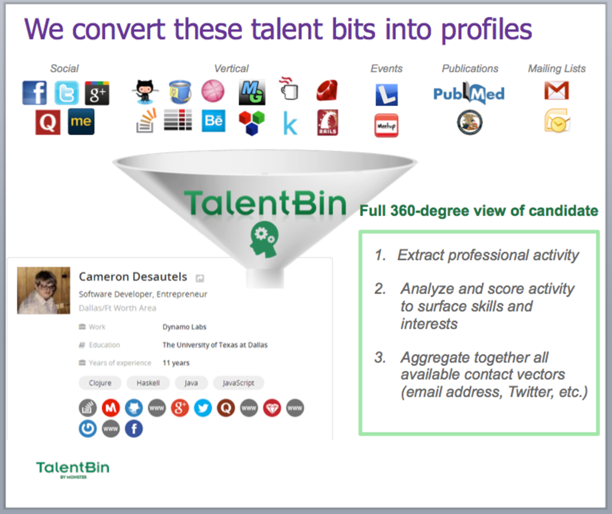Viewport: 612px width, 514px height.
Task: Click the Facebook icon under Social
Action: pos(35,93)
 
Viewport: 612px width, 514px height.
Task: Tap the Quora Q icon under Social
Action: pos(48,122)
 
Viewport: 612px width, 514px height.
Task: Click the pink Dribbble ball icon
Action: pos(213,91)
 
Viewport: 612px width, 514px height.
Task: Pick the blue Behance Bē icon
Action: pos(213,121)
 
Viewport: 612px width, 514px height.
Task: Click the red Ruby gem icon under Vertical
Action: pos(327,90)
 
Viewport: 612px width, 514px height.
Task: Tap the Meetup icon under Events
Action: pos(386,126)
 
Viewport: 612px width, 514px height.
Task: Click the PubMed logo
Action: pos(469,93)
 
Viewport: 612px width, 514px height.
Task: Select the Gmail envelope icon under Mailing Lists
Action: pos(556,90)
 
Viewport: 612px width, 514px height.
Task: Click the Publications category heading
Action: pos(470,68)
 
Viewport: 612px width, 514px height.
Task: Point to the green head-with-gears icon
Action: pos(264,239)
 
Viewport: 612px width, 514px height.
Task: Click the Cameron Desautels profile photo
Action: pos(44,290)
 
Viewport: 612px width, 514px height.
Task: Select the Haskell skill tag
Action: pos(148,383)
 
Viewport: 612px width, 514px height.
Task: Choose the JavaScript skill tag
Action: pos(238,383)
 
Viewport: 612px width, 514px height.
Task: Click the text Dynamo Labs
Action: pos(184,327)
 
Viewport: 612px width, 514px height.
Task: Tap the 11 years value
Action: pos(176,363)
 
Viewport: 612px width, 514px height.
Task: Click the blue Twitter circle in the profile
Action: pos(203,408)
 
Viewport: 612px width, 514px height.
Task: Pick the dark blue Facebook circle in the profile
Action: pos(134,429)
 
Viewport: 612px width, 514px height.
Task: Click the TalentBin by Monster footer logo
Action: pos(73,470)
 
